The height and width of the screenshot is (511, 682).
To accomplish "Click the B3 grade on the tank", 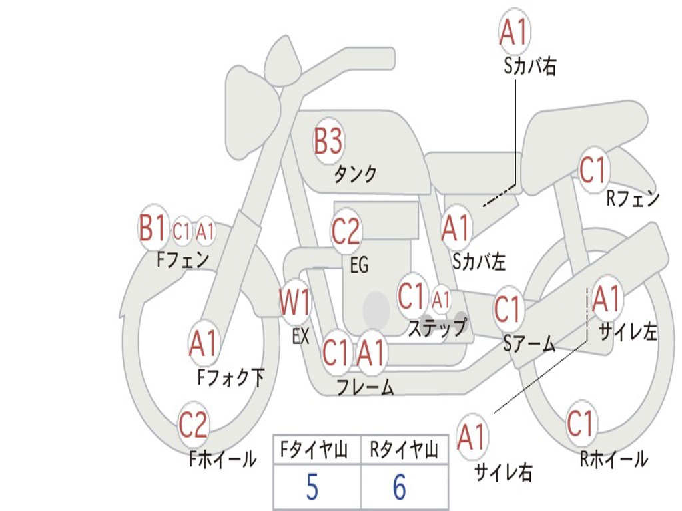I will click(x=328, y=141).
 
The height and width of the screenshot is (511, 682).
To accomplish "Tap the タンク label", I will click(x=355, y=174).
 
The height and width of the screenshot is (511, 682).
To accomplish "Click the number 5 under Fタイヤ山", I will click(x=312, y=488).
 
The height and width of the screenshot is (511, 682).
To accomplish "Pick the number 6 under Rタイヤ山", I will click(x=399, y=488).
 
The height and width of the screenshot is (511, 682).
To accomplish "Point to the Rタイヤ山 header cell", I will click(x=404, y=451).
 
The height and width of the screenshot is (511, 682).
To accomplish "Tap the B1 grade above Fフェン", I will click(x=152, y=229).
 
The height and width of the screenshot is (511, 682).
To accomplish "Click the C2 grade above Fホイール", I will click(x=193, y=425).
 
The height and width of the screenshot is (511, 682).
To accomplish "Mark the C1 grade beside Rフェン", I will click(x=593, y=170).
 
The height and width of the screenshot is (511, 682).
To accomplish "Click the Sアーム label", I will click(x=529, y=343).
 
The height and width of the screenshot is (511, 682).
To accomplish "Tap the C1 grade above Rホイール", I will click(x=581, y=424).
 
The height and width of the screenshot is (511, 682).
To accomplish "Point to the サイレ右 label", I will click(x=503, y=472).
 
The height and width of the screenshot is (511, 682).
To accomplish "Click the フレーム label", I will click(x=365, y=387).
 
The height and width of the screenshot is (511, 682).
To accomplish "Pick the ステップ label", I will click(x=438, y=327).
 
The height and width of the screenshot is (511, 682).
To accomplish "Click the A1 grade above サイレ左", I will click(x=606, y=299).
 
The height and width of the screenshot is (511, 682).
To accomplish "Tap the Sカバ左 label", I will click(x=478, y=261).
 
